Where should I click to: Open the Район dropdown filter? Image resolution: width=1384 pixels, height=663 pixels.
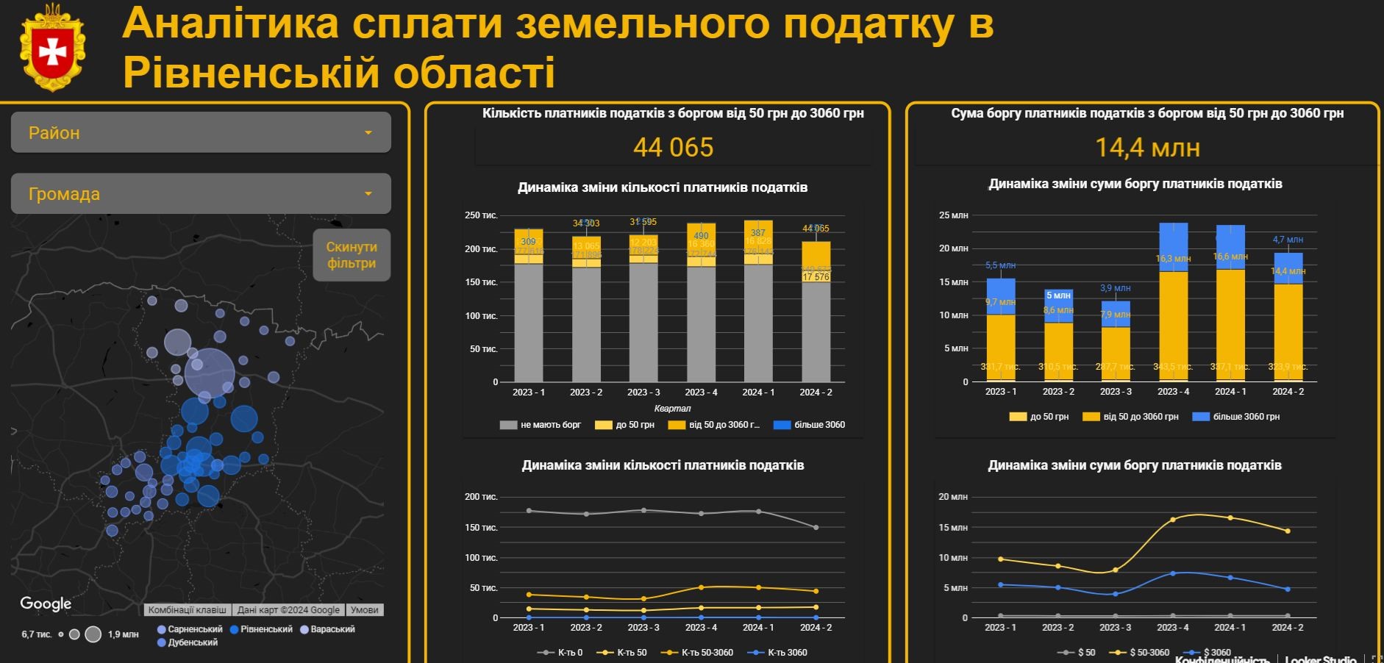[200, 132]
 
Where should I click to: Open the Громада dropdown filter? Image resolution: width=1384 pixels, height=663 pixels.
[200, 193]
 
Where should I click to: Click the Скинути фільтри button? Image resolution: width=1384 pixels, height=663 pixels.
[352, 255]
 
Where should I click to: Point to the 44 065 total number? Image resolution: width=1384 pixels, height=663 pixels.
[673, 148]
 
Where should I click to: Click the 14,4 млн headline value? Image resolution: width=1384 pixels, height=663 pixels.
[1147, 148]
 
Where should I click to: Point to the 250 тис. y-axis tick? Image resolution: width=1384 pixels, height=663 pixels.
[481, 215]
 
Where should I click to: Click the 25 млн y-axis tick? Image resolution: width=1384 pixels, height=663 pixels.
[953, 215]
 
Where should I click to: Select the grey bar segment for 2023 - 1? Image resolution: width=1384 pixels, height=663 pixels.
[529, 323]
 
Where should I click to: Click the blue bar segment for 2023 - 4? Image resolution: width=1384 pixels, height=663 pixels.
[1173, 246]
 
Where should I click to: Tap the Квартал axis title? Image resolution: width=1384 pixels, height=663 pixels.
[672, 409]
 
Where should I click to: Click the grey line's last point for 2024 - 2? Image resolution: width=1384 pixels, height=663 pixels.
[816, 528]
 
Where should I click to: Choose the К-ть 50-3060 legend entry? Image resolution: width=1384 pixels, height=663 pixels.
[706, 653]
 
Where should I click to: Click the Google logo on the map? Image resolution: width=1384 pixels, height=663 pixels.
[46, 603]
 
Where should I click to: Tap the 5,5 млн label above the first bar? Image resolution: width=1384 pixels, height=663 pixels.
[1000, 265]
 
